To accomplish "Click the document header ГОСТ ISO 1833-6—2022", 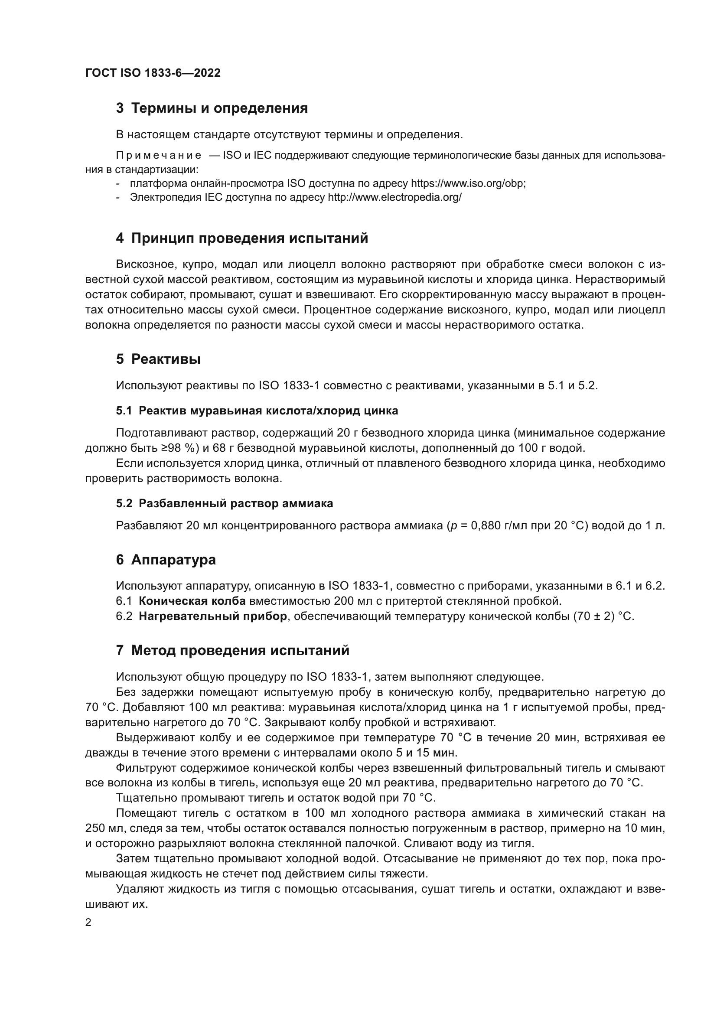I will pos(153,73).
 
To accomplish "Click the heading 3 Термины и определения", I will pos(212,108).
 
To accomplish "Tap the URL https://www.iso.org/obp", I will pos(468,183).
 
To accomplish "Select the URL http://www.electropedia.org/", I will pos(394,197).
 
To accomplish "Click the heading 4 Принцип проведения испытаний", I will pos(242,238).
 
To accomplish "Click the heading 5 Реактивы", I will pos(159,359).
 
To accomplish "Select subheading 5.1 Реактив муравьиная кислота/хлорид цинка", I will pos(257,411).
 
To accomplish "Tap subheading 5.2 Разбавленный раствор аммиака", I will pos(224,503).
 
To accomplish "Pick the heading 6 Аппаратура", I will pos(166,560).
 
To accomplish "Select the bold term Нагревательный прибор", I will pos(213,616).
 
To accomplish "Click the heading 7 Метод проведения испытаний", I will pos(233,651).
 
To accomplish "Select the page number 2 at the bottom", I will pos(88,923).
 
